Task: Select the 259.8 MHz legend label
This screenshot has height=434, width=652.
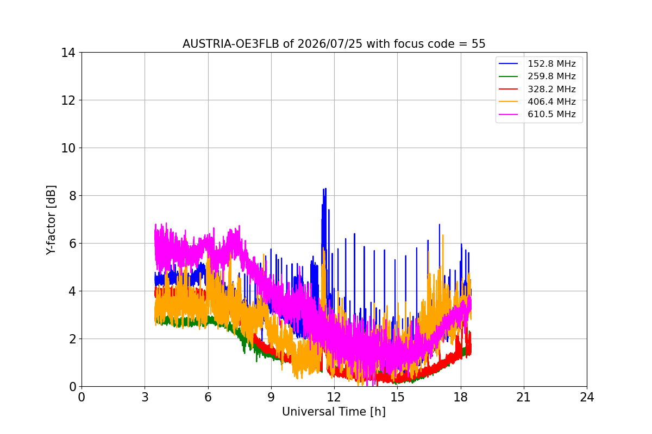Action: (x=551, y=76)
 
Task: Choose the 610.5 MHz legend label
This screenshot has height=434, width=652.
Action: (x=551, y=114)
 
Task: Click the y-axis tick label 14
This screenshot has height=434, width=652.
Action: (x=68, y=53)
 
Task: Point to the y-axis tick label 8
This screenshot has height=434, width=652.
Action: (x=72, y=196)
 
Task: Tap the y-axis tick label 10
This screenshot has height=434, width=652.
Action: (x=68, y=148)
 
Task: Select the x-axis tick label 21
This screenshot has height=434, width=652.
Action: (x=524, y=397)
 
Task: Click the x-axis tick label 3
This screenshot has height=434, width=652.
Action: (x=145, y=397)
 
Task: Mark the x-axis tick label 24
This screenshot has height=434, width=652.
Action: (x=587, y=397)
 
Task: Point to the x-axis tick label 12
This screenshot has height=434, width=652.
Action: (x=334, y=397)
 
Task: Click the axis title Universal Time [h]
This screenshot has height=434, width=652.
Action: (x=334, y=412)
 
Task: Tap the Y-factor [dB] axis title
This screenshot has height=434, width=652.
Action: (x=51, y=220)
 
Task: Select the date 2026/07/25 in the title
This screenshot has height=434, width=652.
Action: (x=330, y=44)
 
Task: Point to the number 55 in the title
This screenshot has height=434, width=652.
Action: (x=479, y=44)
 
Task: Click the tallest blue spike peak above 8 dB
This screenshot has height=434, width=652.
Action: (x=325, y=188)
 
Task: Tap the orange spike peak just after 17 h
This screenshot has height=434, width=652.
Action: (x=443, y=235)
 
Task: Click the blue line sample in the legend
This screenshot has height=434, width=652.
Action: (x=508, y=63)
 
